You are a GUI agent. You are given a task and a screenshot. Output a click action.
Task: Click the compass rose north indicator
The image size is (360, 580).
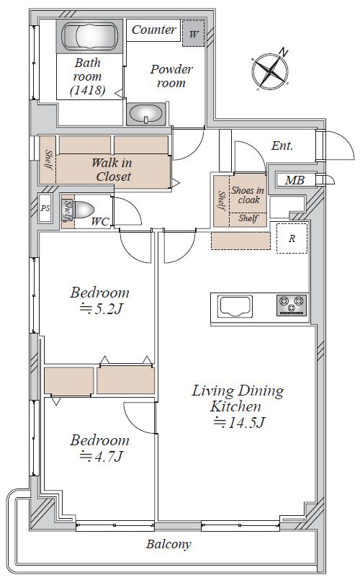coord(283,53)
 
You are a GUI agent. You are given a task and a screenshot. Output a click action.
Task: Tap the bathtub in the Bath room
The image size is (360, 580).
coord(90,36)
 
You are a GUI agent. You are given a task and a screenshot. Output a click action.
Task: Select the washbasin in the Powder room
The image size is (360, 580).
coord(145,114)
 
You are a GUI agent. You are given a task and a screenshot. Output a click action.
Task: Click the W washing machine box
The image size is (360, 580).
coord(193,34)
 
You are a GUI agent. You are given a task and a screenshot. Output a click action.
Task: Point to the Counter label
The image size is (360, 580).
coord(153,30)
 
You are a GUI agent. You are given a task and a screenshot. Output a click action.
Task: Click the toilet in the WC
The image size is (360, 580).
coord(80,210)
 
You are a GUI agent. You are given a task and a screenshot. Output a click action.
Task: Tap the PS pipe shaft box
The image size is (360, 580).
coord(45,208)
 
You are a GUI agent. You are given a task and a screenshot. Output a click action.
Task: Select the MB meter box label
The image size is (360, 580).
coord(294,181)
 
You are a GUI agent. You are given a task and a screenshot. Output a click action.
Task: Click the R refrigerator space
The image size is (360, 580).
coord(292,238)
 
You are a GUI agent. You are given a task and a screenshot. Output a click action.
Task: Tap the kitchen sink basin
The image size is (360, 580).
coord(235,306)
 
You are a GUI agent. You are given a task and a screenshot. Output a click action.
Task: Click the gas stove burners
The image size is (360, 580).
coord(292,305)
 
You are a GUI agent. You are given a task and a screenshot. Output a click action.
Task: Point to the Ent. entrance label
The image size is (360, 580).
coord(282,146)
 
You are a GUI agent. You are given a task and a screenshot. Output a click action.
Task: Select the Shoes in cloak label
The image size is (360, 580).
coord(248,195)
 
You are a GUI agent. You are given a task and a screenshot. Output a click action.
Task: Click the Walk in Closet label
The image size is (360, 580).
coord(112,169)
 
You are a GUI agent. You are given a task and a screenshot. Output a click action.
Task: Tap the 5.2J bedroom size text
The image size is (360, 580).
coord(101,308)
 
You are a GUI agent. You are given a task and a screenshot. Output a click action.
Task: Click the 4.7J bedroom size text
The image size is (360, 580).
coord(101,457)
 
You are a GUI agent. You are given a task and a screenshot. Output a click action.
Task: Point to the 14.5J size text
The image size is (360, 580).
coord(239,422)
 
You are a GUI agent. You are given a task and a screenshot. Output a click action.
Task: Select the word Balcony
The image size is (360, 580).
coord(168,544)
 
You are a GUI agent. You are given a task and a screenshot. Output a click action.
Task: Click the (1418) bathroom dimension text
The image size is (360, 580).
coord(88,90)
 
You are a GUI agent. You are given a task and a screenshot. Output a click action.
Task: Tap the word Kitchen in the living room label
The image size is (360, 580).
coord(235,406)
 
